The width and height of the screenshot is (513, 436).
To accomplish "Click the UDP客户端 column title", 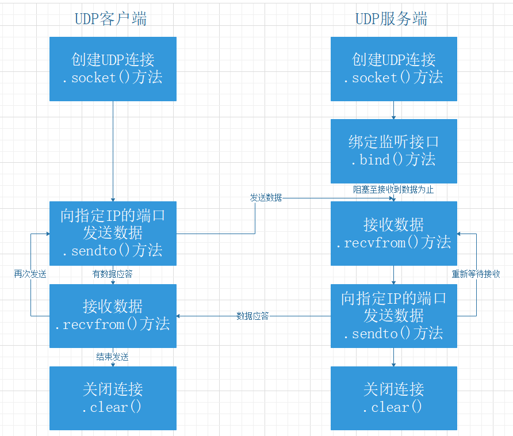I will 110,19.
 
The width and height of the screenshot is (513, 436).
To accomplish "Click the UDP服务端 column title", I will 391,19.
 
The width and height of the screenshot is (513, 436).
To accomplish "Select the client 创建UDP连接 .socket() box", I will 113,69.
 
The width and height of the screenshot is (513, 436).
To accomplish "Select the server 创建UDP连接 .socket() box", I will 394,69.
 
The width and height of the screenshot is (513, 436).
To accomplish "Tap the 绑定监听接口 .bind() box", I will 394,151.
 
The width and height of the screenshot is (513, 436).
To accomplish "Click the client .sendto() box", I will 113,234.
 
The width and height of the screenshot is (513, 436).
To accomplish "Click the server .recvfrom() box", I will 394,234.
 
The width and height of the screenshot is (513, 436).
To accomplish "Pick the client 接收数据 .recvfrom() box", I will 113,316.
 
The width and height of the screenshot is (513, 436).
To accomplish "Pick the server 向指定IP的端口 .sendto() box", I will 394,316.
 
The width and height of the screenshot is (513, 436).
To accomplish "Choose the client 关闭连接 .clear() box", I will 113,398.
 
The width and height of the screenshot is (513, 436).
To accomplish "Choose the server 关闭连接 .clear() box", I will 394,398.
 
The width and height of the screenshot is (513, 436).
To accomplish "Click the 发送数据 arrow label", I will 266,197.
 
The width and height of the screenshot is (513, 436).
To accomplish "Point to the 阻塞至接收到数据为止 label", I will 393,189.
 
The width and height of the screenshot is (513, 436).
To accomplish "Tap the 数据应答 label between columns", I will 252,316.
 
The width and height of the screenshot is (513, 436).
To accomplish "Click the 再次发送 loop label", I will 30,274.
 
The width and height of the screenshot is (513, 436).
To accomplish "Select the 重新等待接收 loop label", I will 476,274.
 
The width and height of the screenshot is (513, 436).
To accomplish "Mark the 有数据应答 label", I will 113,274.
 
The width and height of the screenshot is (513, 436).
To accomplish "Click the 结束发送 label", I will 113,357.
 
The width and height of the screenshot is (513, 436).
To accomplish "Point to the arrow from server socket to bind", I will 394,110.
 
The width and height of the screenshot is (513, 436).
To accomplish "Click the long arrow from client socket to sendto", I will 113,151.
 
